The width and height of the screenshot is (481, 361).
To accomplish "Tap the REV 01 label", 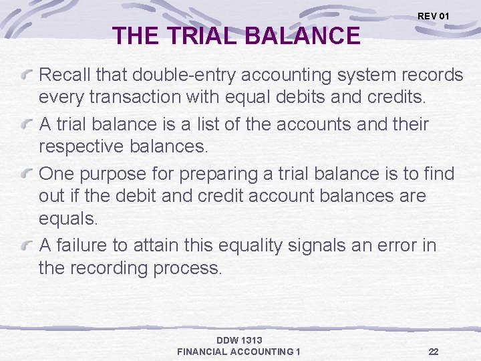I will pyautogui.click(x=434, y=15).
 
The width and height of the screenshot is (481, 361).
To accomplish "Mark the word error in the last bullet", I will pyautogui.click(x=402, y=245).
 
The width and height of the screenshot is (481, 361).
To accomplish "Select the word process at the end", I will pyautogui.click(x=189, y=268).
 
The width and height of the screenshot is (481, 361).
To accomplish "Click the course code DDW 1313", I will pyautogui.click(x=239, y=341).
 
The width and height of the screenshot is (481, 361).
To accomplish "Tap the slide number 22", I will pyautogui.click(x=434, y=352).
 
